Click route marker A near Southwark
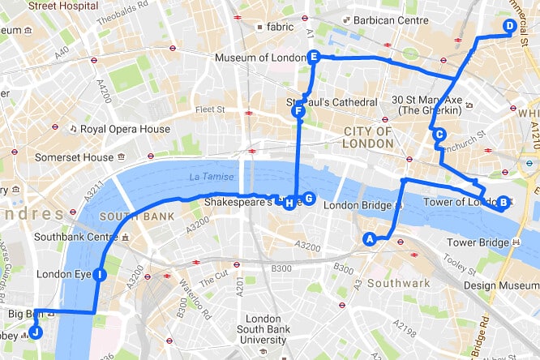pyautogui.click(x=370, y=238)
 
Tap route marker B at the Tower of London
pyautogui.click(x=503, y=203)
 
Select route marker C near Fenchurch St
pyautogui.click(x=439, y=135)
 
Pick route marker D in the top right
pyautogui.click(x=509, y=26)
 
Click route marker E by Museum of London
pyautogui.click(x=313, y=56)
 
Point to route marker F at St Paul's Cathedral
pyautogui.click(x=298, y=111)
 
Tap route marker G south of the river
pyautogui.click(x=307, y=199)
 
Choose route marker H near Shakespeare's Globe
pyautogui.click(x=289, y=203)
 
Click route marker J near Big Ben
pyautogui.click(x=35, y=331)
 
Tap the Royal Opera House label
pyautogui.click(x=126, y=129)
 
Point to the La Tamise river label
pyautogui.click(x=212, y=178)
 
